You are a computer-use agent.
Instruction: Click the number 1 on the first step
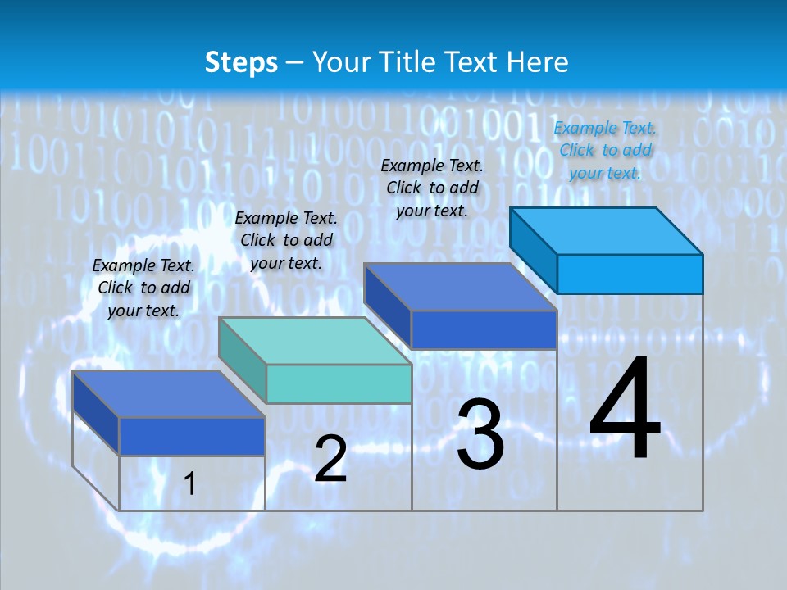190,483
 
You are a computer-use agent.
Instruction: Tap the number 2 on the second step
330,459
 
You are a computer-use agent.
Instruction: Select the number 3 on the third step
480,435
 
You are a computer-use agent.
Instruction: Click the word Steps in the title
241,62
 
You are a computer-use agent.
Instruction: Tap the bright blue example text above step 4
605,150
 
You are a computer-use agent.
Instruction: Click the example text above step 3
432,188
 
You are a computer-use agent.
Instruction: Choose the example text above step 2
286,240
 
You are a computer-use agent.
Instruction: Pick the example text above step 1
143,288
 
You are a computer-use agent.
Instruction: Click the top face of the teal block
316,340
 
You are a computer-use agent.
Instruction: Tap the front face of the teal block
339,383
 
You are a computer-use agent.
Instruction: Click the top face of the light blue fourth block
607,230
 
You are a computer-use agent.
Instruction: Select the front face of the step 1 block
192,436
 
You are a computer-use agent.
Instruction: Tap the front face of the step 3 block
484,329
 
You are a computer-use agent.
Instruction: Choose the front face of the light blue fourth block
630,274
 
